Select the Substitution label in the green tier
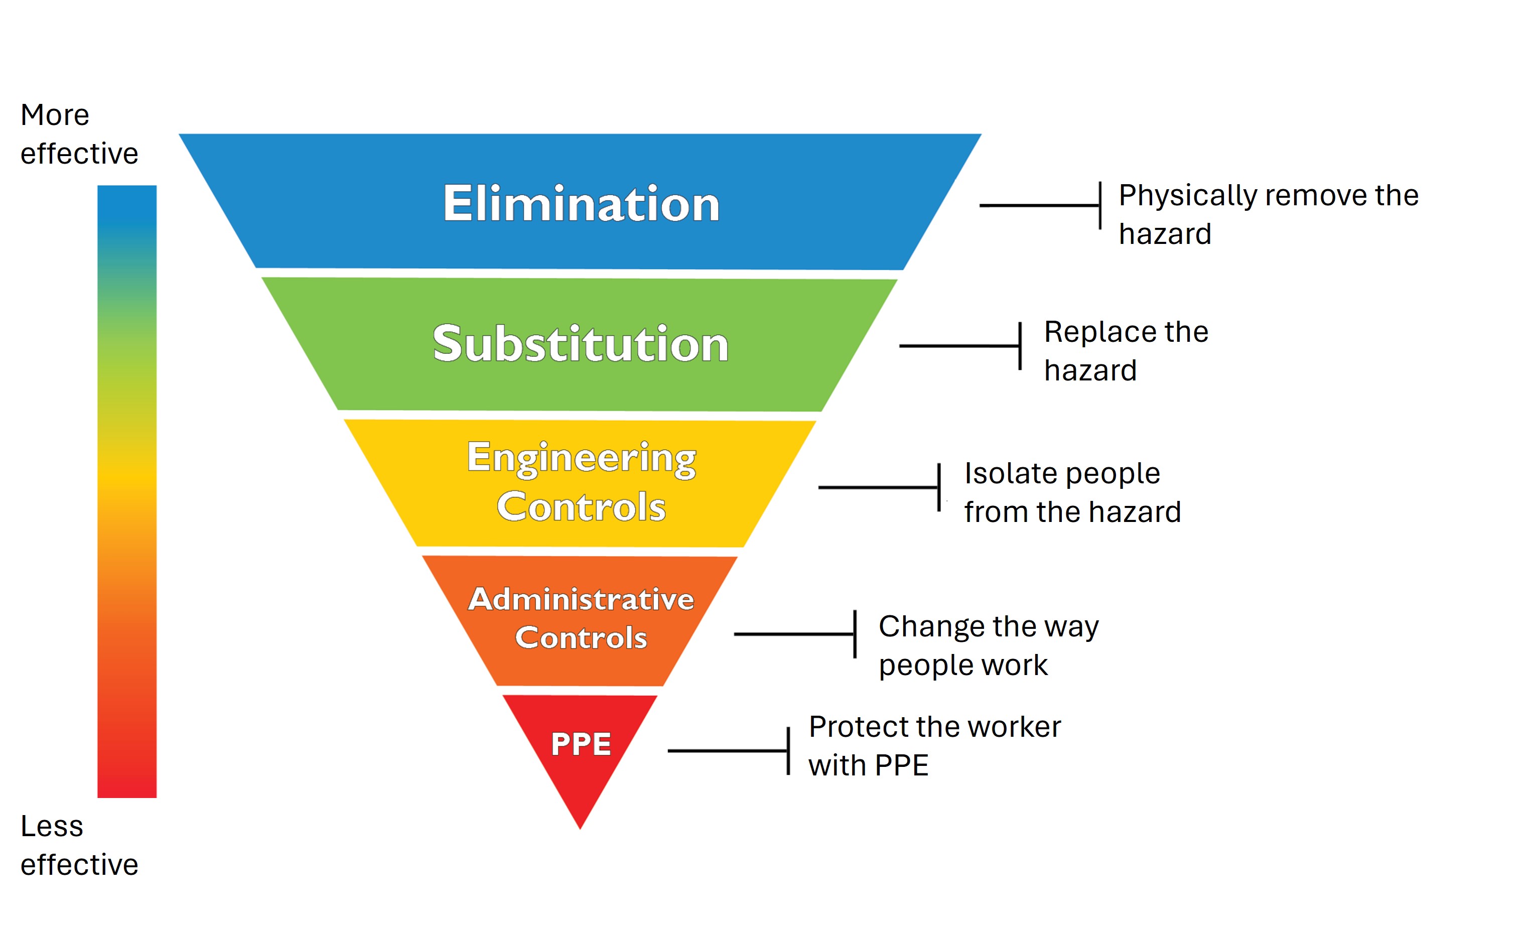[x=581, y=344]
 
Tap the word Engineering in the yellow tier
[x=582, y=458]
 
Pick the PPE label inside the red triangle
[x=581, y=744]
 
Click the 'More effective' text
[x=79, y=134]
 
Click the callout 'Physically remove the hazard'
[x=1269, y=214]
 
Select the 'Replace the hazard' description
[x=1126, y=351]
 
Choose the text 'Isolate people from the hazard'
[x=1072, y=492]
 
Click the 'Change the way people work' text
[x=989, y=645]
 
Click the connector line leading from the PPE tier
[x=728, y=751]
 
